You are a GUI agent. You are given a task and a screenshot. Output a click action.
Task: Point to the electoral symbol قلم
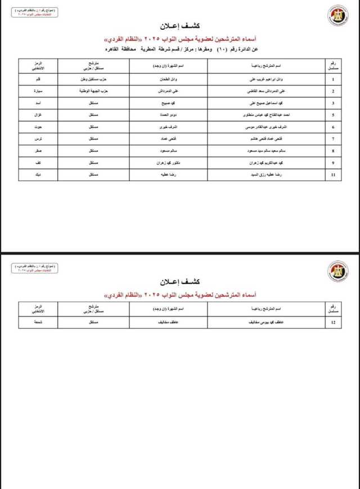pyautogui.click(x=47, y=80)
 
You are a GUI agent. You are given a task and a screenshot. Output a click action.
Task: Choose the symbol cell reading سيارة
pyautogui.click(x=47, y=91)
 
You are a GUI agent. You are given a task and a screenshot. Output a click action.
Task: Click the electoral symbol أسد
pyautogui.click(x=47, y=103)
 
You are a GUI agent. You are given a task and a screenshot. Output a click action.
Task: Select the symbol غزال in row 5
pyautogui.click(x=47, y=115)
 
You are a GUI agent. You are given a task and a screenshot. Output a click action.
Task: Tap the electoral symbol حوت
pyautogui.click(x=47, y=127)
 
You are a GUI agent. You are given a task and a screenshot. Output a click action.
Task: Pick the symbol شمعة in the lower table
pyautogui.click(x=47, y=323)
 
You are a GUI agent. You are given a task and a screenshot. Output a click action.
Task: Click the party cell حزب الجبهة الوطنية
pyautogui.click(x=90, y=91)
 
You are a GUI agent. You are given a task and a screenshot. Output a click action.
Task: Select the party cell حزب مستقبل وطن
pyautogui.click(x=90, y=80)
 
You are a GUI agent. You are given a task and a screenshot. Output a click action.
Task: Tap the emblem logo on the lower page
pyautogui.click(x=336, y=271)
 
